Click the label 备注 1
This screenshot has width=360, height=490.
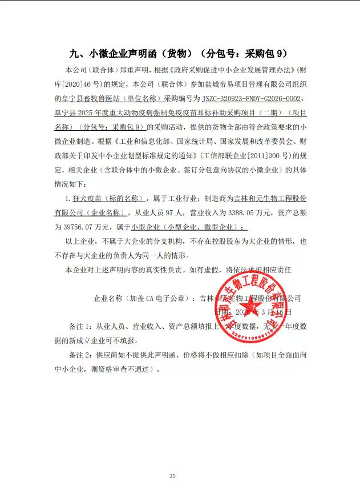click(79, 326)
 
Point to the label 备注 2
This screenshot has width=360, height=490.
click(79, 355)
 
